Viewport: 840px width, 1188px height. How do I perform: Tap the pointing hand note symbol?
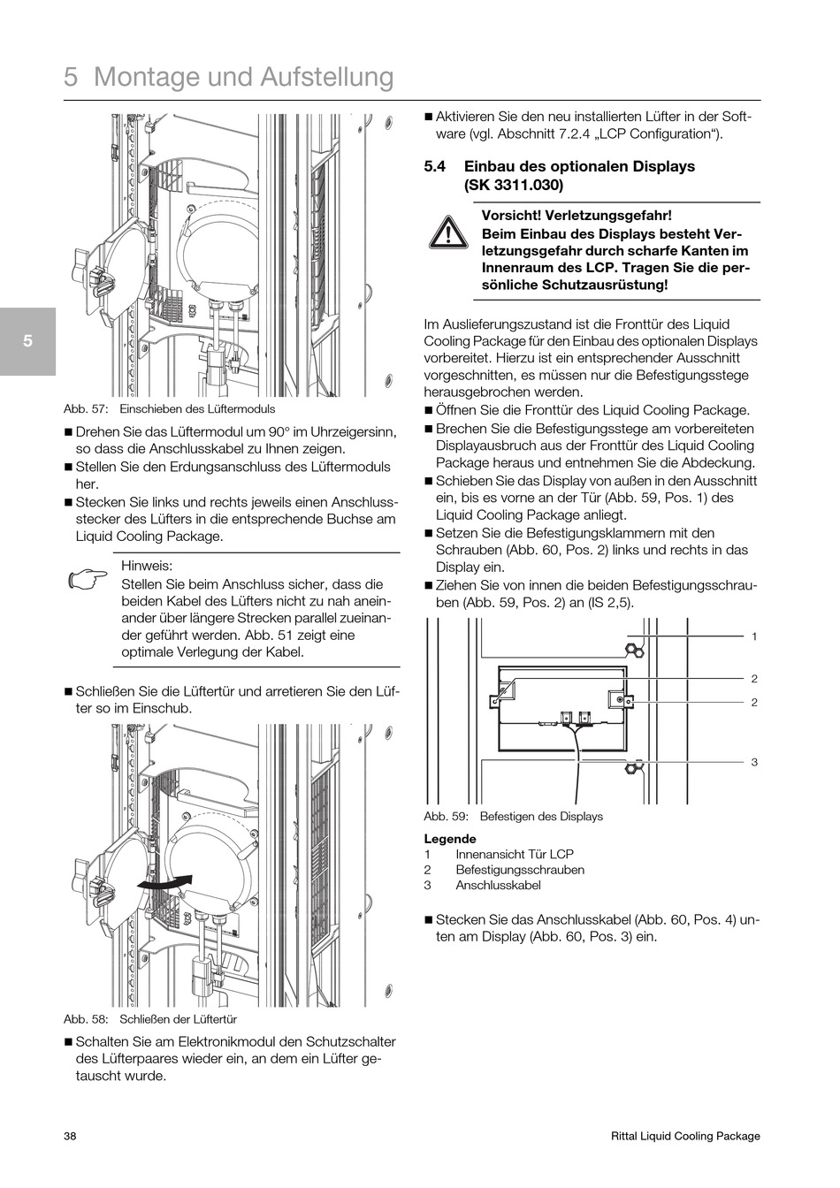[x=86, y=580]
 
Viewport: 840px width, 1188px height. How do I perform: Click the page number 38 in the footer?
[x=70, y=1137]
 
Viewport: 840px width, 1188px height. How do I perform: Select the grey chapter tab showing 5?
[x=27, y=341]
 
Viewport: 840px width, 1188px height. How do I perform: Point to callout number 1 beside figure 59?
[x=754, y=636]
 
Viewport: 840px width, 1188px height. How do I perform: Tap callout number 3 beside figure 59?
[x=754, y=762]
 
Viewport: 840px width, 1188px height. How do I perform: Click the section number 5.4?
[x=436, y=166]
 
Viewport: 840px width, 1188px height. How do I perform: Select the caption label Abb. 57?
[x=86, y=409]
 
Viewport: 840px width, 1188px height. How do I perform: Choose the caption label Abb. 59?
[x=447, y=817]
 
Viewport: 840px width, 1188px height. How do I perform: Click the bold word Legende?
[x=450, y=839]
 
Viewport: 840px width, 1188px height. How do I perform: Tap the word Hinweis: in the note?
[x=147, y=566]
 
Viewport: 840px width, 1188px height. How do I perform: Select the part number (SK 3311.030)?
[x=513, y=185]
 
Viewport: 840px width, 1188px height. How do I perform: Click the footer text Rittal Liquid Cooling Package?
[x=685, y=1137]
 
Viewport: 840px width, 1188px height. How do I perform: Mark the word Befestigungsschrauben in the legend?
[x=520, y=870]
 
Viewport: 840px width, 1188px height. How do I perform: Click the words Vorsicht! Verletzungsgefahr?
[x=577, y=216]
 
